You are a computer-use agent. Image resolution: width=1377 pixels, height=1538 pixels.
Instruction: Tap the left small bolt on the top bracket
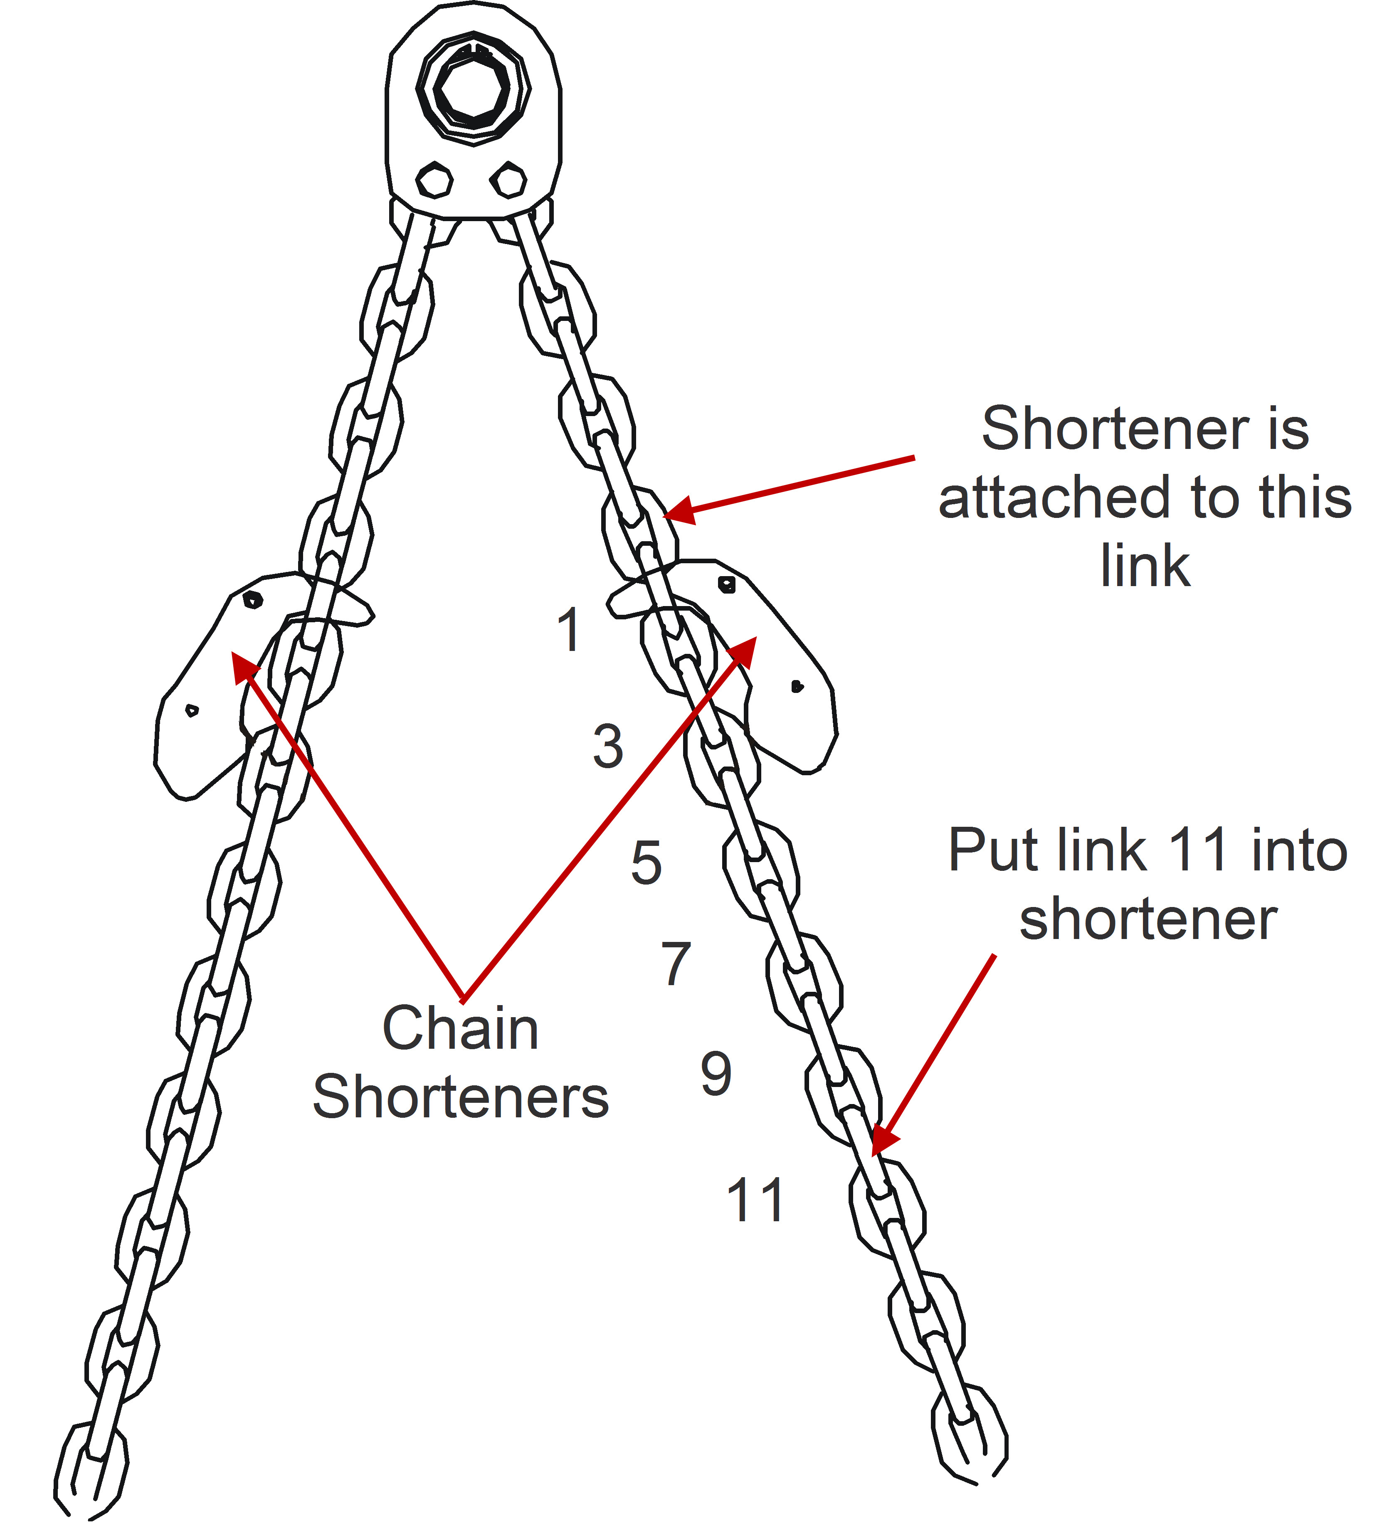434,181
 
